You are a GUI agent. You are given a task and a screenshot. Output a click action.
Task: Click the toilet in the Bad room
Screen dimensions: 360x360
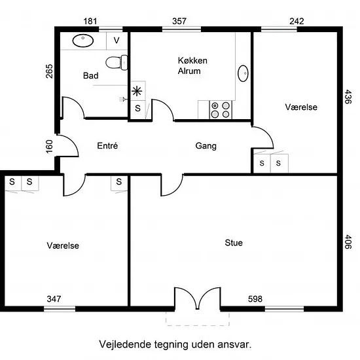click(117, 62)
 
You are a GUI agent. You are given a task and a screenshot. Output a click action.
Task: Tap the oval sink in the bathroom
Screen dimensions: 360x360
click(83, 41)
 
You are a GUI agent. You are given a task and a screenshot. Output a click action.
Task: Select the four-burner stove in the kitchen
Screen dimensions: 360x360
click(221, 110)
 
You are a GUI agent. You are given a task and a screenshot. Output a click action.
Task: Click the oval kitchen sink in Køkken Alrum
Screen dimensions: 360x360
click(243, 73)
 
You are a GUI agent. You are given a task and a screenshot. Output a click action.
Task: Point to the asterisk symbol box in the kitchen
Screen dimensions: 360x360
click(137, 91)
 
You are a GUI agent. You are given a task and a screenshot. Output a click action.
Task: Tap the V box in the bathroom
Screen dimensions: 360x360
click(117, 41)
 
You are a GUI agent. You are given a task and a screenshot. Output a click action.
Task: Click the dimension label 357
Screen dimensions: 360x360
click(179, 22)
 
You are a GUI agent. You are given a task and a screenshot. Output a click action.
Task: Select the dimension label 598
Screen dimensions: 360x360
click(255, 298)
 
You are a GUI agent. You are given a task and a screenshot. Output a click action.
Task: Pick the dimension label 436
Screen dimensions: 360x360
click(348, 96)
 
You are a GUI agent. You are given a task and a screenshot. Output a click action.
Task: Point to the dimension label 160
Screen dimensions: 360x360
click(49, 146)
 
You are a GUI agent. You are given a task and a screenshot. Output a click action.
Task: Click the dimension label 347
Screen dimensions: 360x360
click(54, 298)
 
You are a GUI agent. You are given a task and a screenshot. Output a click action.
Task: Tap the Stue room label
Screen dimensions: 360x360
click(234, 243)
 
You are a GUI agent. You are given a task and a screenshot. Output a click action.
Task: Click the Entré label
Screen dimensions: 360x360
click(107, 145)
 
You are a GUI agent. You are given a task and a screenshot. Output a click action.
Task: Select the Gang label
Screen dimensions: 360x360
click(206, 146)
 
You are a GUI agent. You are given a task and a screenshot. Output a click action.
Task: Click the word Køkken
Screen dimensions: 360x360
click(192, 61)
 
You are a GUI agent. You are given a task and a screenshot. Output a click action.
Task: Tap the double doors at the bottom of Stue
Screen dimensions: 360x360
click(198, 298)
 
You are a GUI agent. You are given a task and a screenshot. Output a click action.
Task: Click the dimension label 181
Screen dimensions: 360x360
click(90, 22)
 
